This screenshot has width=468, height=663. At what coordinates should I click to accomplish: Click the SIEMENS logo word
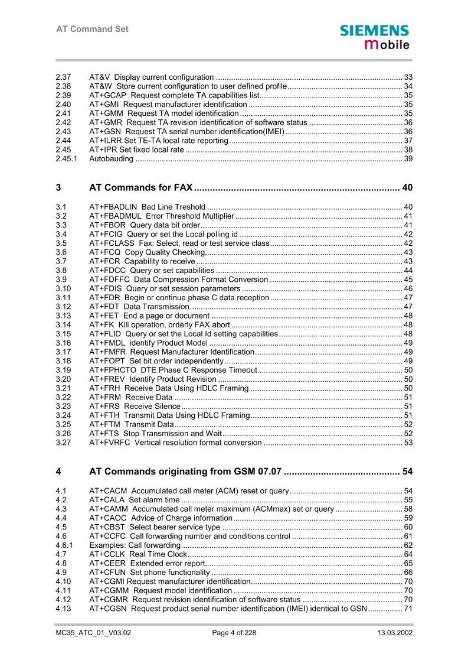click(374, 31)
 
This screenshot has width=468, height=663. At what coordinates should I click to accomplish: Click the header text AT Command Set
click(92, 29)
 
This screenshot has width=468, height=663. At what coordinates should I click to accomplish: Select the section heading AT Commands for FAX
click(141, 188)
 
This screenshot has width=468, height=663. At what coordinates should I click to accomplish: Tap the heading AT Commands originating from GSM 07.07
click(185, 472)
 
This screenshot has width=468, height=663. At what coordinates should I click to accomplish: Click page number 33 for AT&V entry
click(408, 77)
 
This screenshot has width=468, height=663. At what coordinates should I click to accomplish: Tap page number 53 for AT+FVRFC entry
click(408, 443)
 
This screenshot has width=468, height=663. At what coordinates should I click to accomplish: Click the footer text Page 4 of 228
click(234, 633)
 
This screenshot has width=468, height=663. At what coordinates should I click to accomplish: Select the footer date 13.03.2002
click(395, 633)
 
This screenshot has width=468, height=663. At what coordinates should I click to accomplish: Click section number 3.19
click(63, 370)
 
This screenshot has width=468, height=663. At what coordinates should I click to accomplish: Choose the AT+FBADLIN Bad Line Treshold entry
click(147, 207)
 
